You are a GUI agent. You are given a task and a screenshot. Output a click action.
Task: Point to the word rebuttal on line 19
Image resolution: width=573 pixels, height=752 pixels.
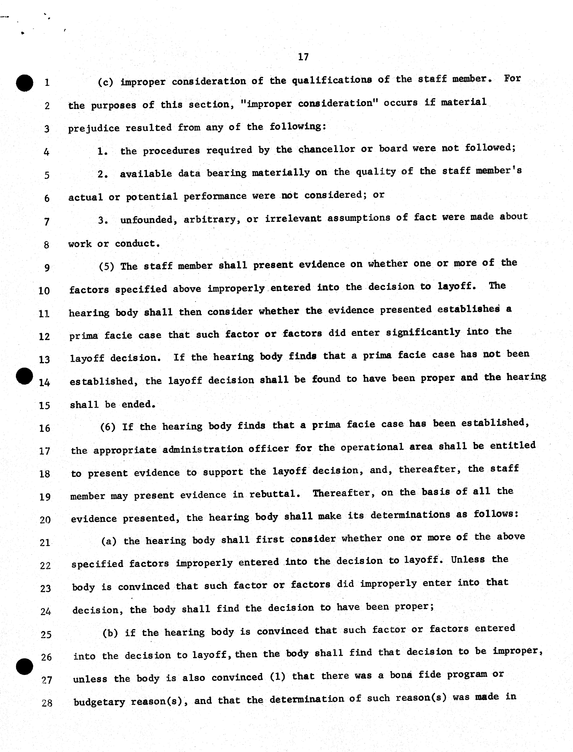pyautogui.click(x=275, y=494)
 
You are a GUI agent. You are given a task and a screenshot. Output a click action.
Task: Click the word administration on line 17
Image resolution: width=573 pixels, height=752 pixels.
pyautogui.click(x=203, y=449)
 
